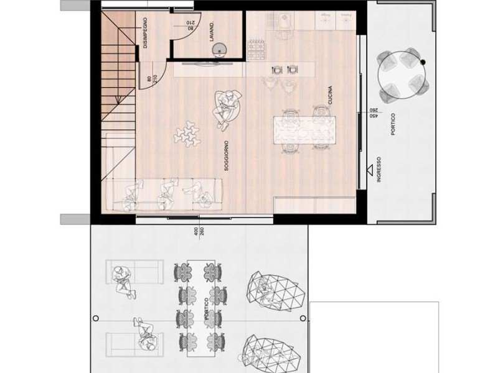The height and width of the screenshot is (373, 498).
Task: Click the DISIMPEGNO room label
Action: click(145, 33)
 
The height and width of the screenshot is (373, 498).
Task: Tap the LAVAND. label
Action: click(212, 32)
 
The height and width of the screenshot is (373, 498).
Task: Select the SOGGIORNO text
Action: click(227, 156)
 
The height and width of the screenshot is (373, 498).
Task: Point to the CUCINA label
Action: click(331, 95)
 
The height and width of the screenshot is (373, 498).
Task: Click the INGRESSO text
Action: click(378, 169)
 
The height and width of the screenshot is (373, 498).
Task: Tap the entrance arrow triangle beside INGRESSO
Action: click(369, 170)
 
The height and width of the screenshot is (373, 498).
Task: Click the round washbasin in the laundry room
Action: click(219, 49)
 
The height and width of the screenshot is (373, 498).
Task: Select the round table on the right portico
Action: click(402, 75)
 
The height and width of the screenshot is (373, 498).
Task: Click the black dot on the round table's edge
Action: click(423, 62)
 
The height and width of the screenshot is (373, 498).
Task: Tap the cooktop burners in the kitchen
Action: click(256, 50)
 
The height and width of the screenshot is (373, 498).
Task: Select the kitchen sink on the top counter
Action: click(284, 21)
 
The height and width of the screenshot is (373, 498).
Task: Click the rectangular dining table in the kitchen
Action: click(304, 131)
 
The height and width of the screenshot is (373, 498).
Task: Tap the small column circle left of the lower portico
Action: click(95, 318)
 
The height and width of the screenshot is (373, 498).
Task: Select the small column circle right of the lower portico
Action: click(303, 318)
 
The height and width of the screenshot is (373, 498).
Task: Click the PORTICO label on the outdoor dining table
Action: click(207, 308)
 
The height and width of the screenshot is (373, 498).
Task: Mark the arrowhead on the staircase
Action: click(118, 100)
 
